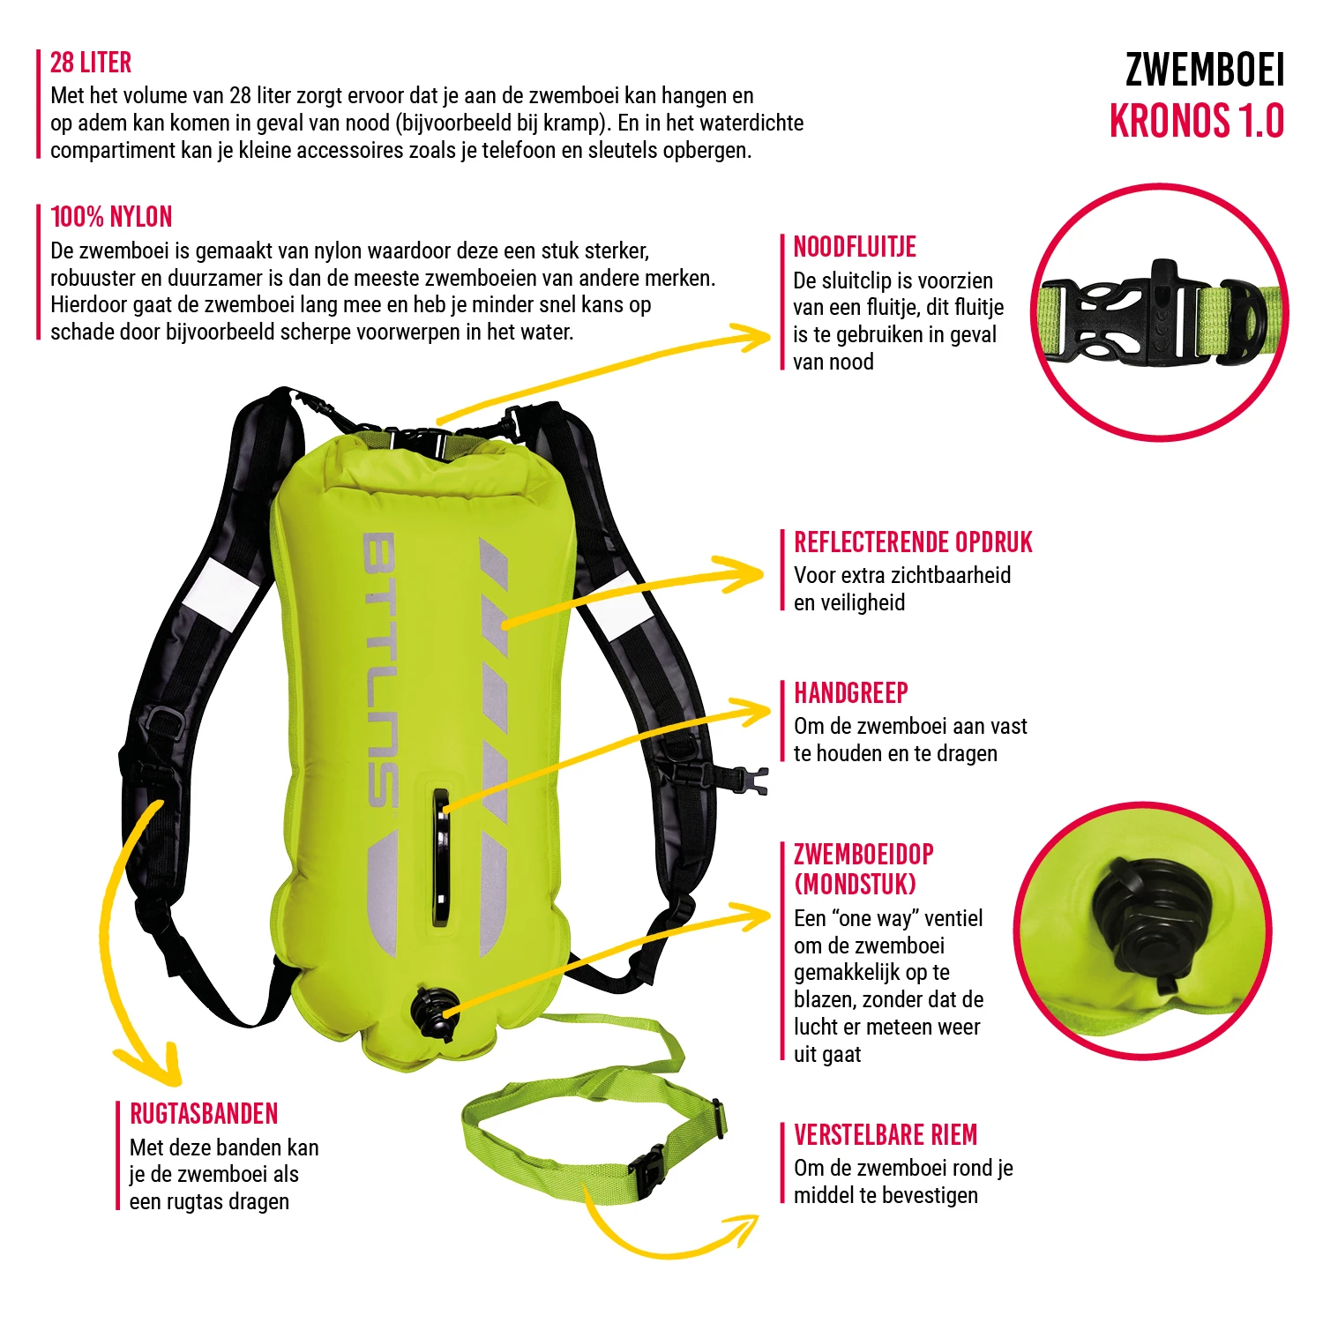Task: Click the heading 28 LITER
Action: click(91, 63)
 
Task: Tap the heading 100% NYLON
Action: click(111, 217)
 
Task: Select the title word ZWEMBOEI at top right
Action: click(1204, 71)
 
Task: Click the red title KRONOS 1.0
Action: click(1197, 122)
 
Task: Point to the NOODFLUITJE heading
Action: click(855, 247)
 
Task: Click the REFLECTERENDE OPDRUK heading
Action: click(913, 542)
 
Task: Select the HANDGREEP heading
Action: click(851, 693)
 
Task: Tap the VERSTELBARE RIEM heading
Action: click(886, 1135)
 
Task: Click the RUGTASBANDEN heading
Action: click(204, 1114)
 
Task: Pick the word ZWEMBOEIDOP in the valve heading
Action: click(863, 855)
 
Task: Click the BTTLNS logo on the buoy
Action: click(381, 670)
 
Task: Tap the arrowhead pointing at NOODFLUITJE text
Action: click(757, 336)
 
